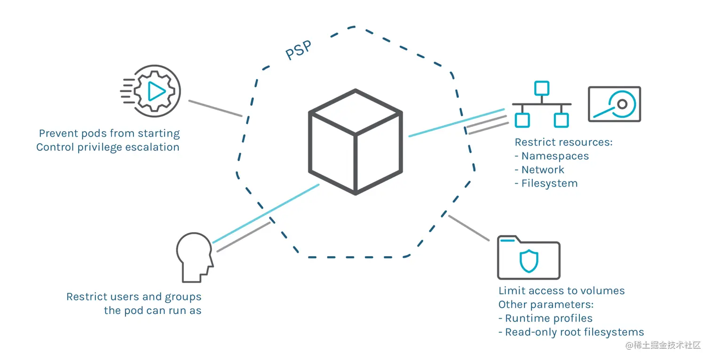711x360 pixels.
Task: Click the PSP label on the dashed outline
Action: (299, 50)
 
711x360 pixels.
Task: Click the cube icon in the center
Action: (355, 142)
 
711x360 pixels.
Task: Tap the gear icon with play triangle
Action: (156, 91)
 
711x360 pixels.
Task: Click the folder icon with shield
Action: (529, 258)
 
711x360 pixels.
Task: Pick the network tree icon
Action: (542, 104)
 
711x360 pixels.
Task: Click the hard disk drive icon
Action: (615, 104)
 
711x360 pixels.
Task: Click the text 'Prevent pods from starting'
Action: (109, 133)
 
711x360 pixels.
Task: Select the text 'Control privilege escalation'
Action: (108, 147)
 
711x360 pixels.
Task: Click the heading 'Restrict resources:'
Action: (563, 142)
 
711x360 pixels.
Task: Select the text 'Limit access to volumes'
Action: (561, 291)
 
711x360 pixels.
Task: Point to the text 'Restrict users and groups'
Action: (134, 297)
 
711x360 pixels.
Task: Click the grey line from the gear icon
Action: (215, 108)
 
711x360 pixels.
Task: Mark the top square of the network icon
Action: (542, 88)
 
